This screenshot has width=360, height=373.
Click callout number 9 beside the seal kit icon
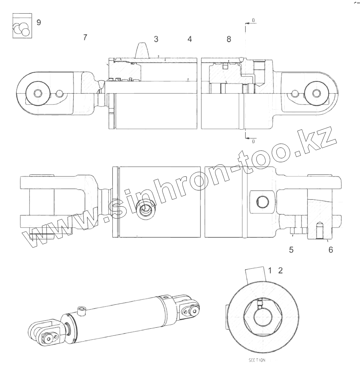coord(39,22)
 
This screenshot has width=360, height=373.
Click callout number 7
coord(85,37)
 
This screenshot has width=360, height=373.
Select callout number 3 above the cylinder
coord(156,39)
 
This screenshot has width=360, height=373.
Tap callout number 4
coord(189,39)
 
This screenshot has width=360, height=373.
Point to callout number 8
coord(229,39)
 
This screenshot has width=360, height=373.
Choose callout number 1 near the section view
coord(270,270)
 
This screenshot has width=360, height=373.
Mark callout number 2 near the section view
coord(280,270)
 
